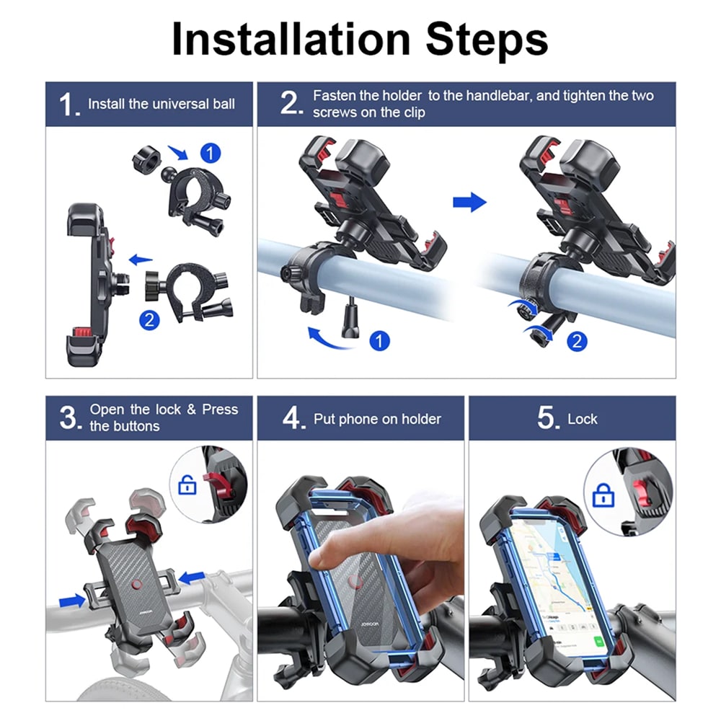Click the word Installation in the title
(291, 39)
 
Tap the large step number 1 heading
(68, 105)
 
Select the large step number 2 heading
(291, 103)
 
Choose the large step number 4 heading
(293, 418)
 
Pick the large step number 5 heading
(548, 418)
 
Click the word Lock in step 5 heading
(582, 419)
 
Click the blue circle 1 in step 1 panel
(211, 153)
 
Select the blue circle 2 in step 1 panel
(149, 320)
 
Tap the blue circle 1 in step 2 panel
(379, 341)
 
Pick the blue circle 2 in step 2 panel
(577, 341)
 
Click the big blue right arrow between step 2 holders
(469, 203)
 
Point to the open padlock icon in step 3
(187, 485)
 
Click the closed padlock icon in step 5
(603, 495)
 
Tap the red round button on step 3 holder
(136, 585)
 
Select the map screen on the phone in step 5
(557, 584)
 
